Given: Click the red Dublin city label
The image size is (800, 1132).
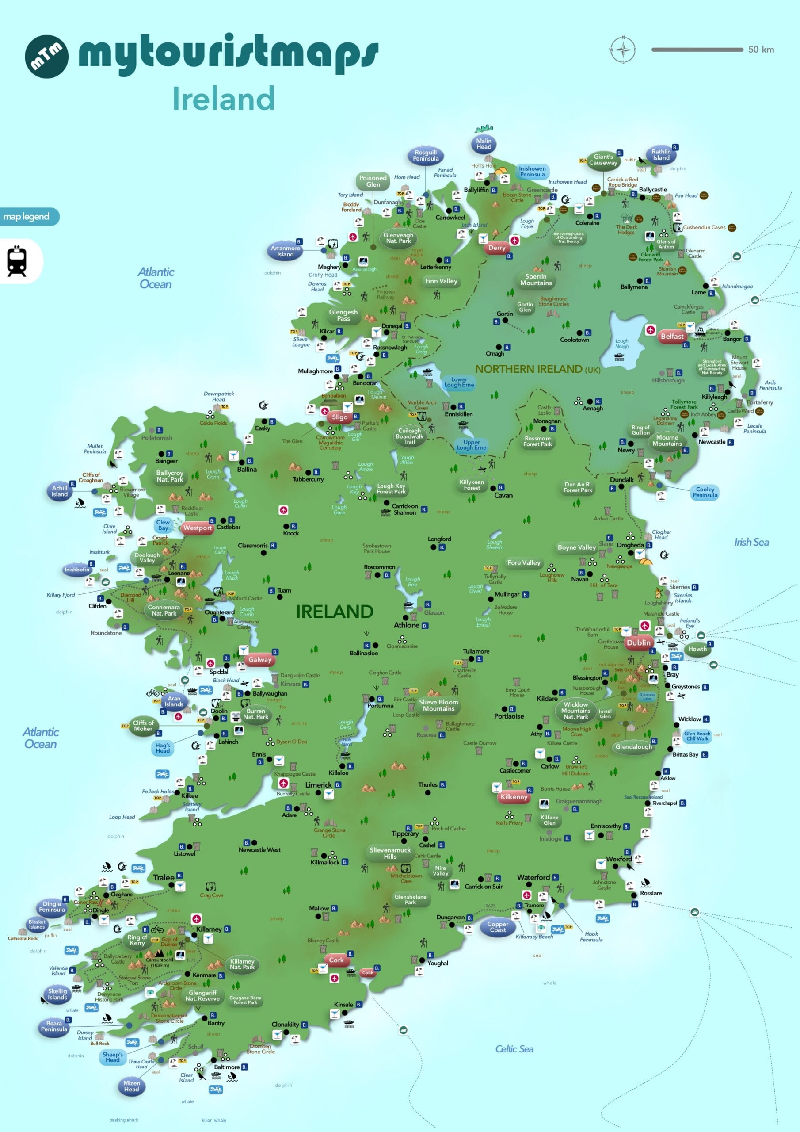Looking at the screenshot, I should tap(638, 642).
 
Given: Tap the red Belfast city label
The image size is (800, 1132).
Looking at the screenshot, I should tap(672, 336).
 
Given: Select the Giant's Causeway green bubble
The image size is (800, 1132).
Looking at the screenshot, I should tap(603, 160).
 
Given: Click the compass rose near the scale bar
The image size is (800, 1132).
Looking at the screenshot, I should tap(623, 50).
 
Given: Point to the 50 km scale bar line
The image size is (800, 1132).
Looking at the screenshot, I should tap(697, 49).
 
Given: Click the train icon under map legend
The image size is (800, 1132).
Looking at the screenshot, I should tap(17, 261).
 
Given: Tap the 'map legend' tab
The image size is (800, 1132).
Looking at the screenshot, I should tap(27, 216).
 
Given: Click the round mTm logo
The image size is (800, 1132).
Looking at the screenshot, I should tap(46, 56).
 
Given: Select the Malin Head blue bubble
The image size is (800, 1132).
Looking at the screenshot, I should tap(484, 143).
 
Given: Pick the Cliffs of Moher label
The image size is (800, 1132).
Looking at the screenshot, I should tap(143, 726).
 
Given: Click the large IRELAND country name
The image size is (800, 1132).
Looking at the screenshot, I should tap(334, 612).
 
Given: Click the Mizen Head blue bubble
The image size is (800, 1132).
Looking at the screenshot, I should tap(132, 1086).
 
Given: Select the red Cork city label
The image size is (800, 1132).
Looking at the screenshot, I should tap(336, 960).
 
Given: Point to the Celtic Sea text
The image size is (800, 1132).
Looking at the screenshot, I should tap(514, 1049).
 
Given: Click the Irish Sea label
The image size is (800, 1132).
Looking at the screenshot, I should tap(751, 542).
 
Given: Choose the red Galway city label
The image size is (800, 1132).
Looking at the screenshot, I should tap(260, 660).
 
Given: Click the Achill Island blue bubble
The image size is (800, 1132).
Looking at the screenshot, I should tap(60, 491).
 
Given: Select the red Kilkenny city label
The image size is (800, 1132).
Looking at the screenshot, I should tap(514, 797).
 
